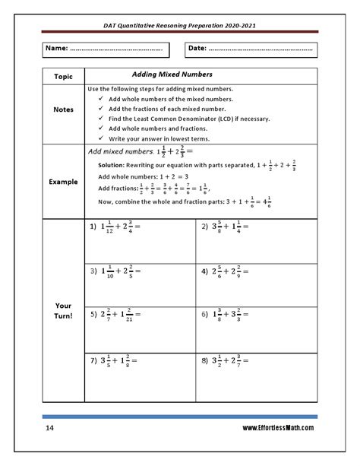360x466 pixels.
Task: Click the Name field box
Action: click(x=105, y=49)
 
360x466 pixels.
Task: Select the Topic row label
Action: click(x=62, y=77)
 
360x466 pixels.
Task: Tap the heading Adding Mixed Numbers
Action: click(x=172, y=74)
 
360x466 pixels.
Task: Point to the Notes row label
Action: click(x=63, y=109)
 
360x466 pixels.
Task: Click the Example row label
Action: click(x=63, y=182)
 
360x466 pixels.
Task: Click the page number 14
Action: click(x=49, y=429)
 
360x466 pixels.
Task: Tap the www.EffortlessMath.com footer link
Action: click(x=277, y=429)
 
